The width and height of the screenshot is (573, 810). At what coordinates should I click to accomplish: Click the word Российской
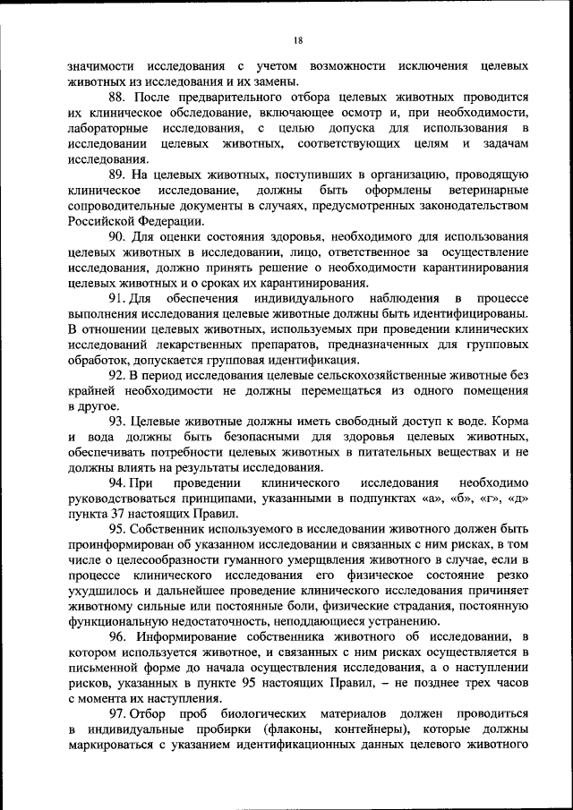pos(107,220)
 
